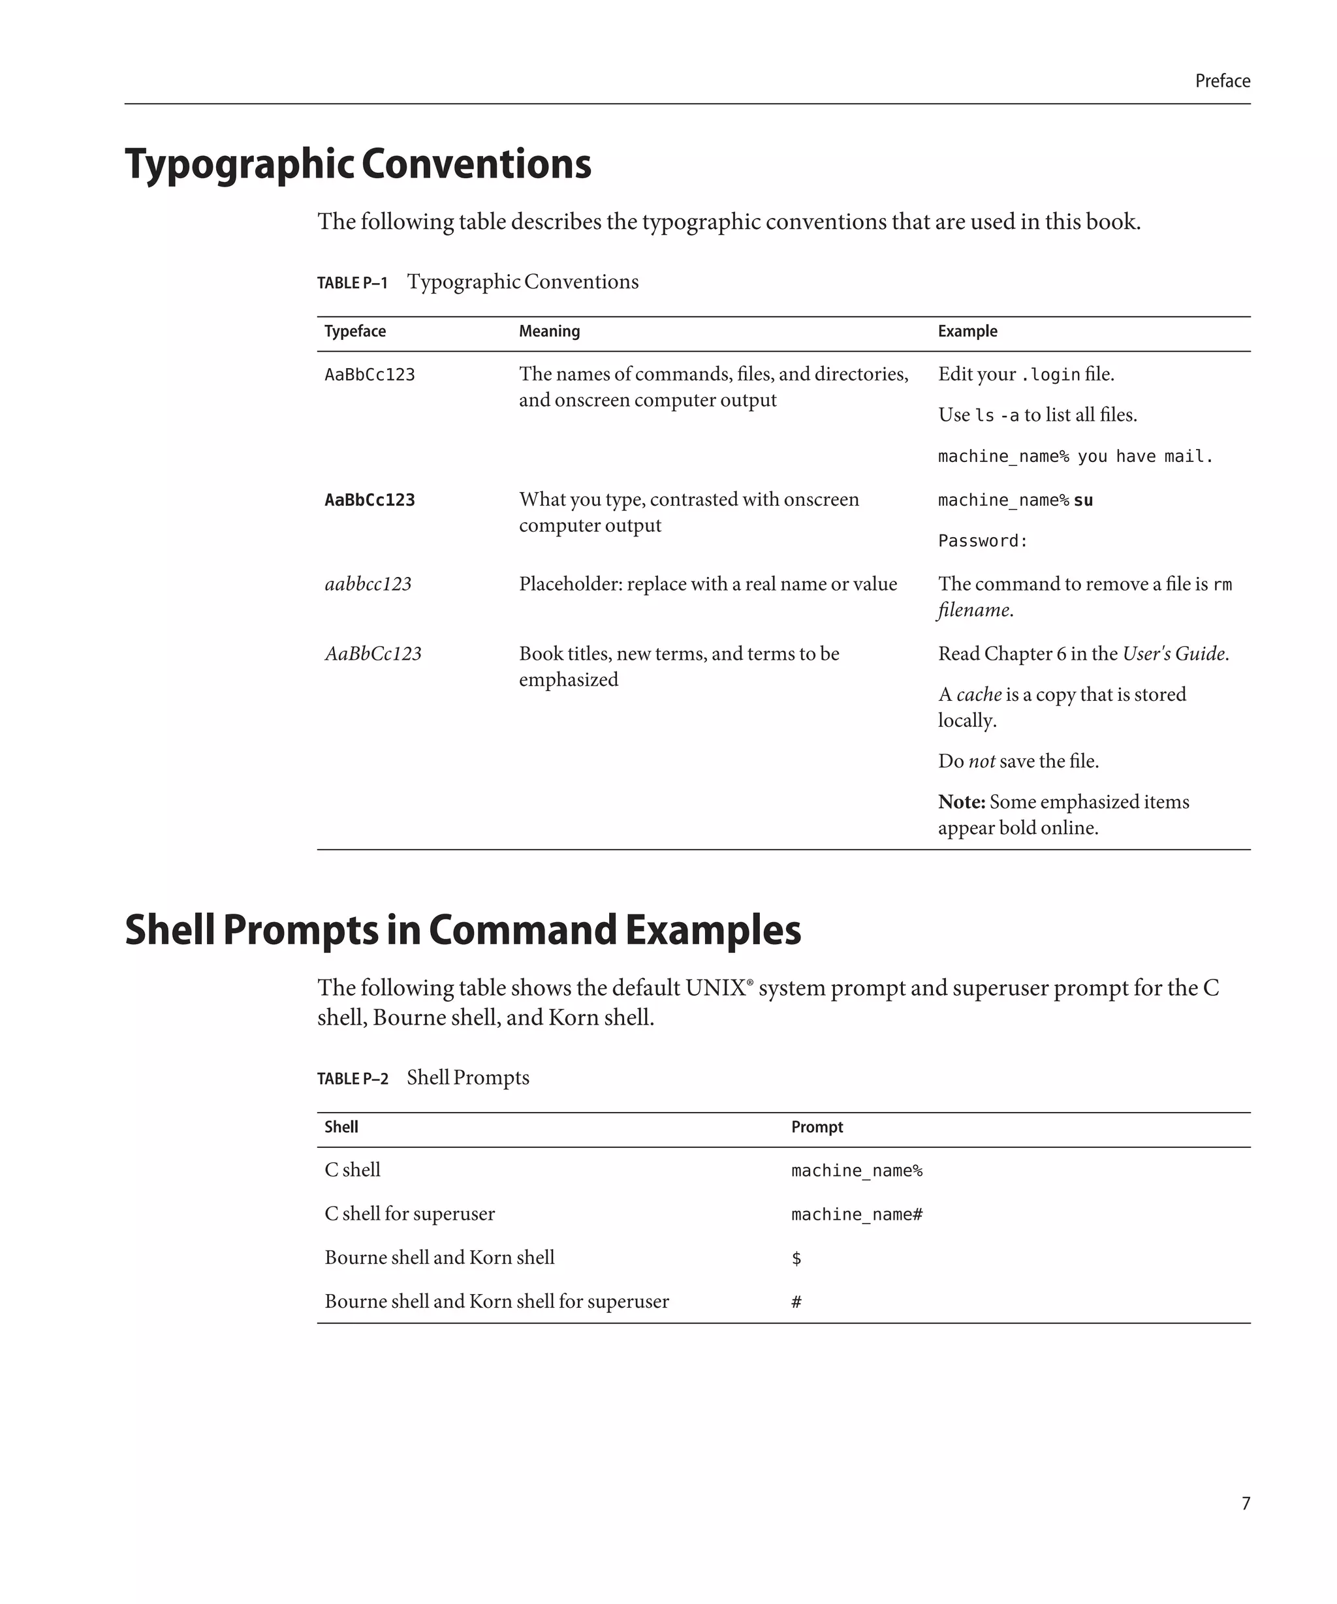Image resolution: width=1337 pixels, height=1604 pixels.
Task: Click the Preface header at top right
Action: point(1221,81)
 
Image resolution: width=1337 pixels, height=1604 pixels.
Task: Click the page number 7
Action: point(1246,1503)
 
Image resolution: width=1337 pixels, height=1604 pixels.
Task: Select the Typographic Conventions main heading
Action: point(358,164)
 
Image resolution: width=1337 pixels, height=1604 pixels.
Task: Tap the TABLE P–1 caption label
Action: point(353,283)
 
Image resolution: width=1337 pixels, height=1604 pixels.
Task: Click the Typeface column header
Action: point(354,332)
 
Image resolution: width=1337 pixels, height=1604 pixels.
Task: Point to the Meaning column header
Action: point(548,332)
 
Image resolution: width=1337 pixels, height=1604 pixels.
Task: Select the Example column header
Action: point(967,332)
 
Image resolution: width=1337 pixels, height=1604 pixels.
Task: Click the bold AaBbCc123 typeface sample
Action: point(369,501)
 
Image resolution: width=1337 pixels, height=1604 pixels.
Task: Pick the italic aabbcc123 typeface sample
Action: point(368,584)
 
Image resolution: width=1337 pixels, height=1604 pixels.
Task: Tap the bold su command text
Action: point(1082,501)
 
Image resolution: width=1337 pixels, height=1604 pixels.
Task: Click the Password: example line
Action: point(983,542)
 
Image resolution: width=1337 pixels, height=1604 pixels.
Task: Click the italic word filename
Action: point(973,610)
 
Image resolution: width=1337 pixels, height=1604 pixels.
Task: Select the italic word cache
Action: point(978,694)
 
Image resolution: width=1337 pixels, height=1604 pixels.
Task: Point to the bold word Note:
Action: point(961,802)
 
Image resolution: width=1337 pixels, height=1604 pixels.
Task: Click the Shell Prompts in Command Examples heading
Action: point(462,931)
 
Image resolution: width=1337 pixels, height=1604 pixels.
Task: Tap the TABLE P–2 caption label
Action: point(353,1079)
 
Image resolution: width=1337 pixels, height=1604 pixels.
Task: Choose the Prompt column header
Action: point(816,1128)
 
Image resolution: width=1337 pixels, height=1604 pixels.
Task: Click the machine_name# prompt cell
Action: point(857,1214)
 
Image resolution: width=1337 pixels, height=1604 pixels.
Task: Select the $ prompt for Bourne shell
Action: point(796,1258)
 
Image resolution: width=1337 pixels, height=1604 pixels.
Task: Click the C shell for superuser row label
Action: point(409,1214)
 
